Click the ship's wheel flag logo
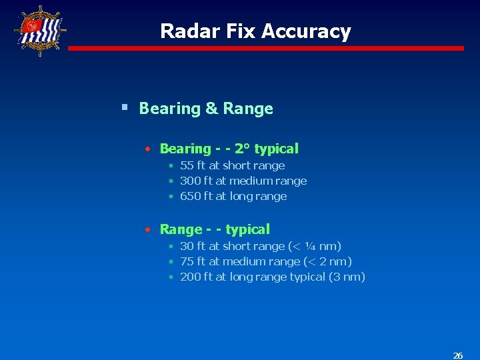pos(40,30)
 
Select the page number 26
pos(458,355)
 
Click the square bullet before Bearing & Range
pos(125,107)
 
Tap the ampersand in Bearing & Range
pos(211,109)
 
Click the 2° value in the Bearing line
pos(242,149)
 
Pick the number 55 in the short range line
pos(187,165)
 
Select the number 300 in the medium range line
pos(190,181)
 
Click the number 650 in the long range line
pos(190,196)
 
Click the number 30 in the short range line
pos(187,246)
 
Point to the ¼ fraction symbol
pos(313,246)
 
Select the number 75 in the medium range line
pos(187,261)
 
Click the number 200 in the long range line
pos(190,277)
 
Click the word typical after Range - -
pos(247,229)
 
